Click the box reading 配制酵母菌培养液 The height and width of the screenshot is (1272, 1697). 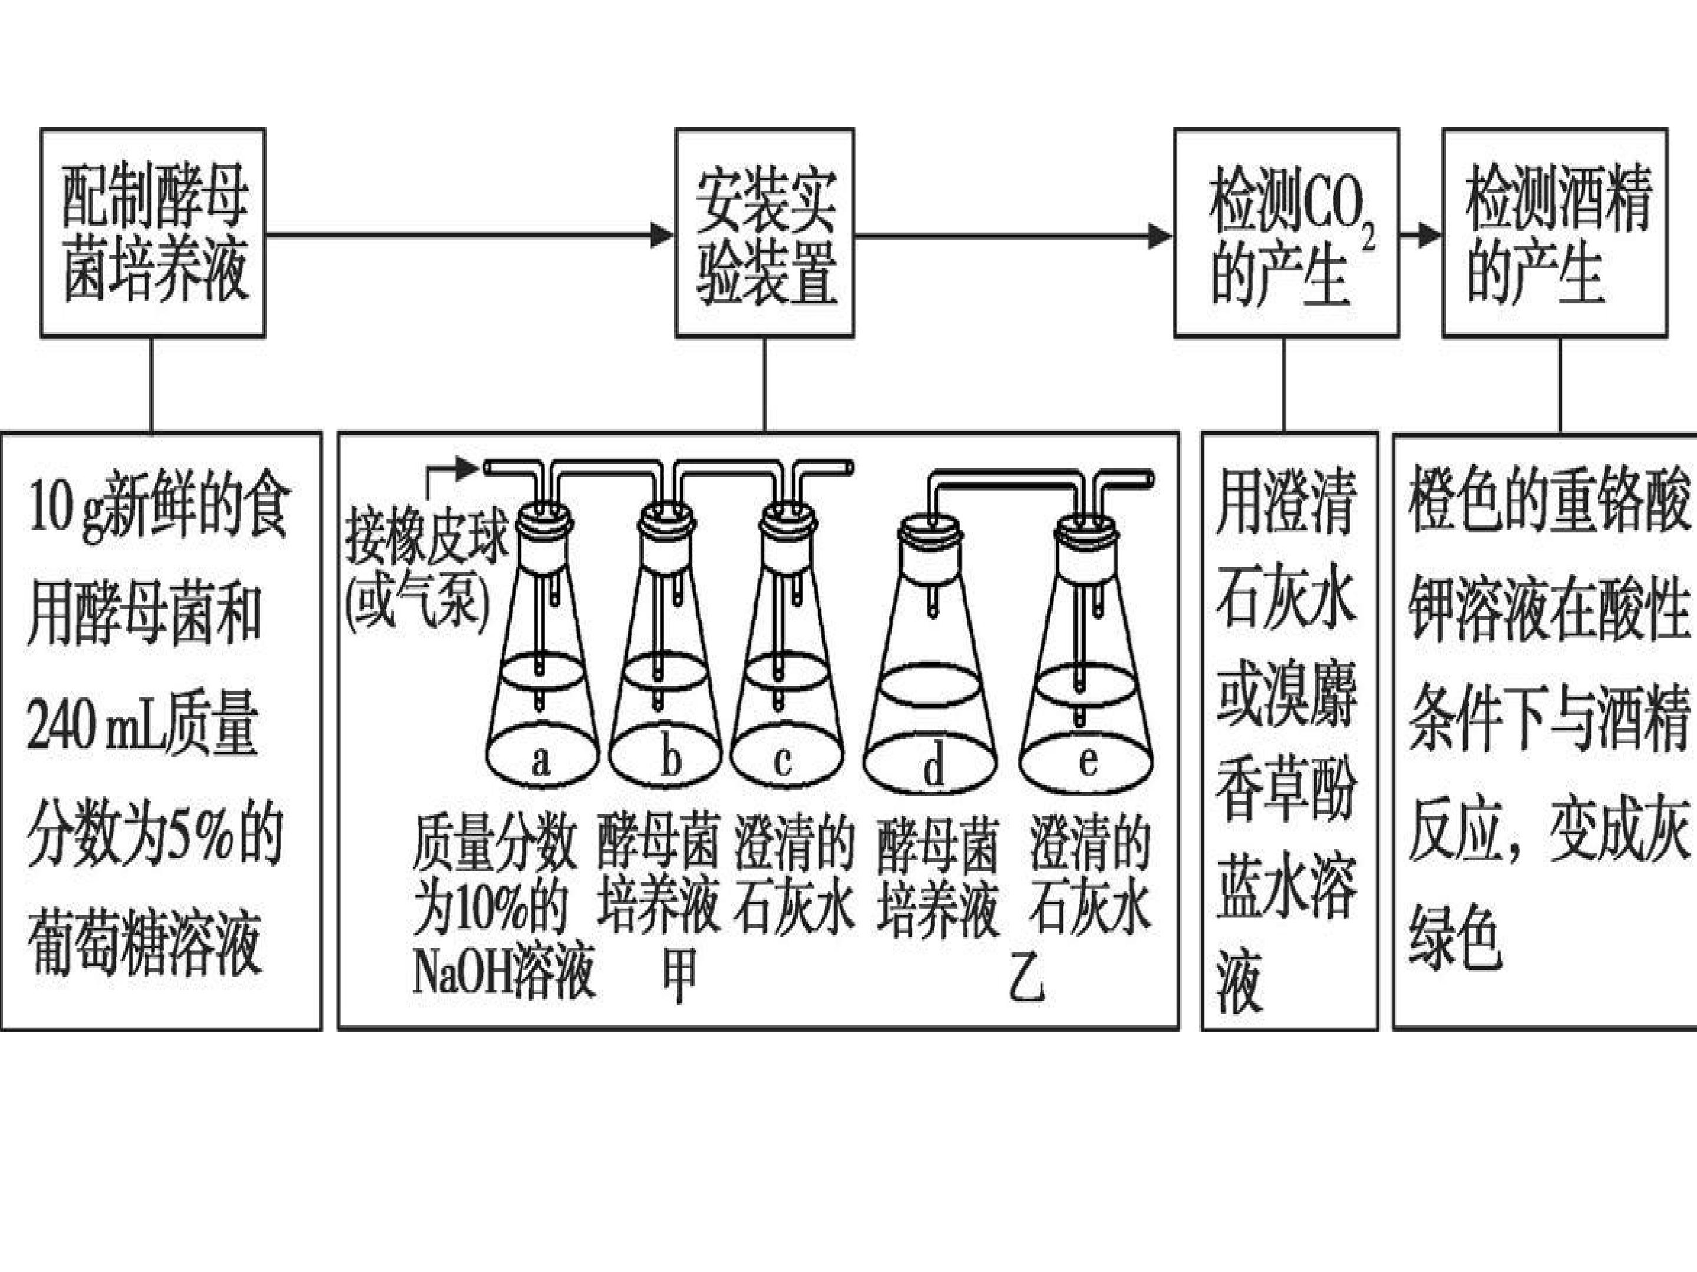[x=153, y=233]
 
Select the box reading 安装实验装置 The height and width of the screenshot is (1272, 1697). [x=764, y=233]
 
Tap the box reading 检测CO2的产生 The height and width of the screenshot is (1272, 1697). [x=1286, y=233]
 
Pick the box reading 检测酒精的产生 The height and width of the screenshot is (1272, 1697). [x=1554, y=233]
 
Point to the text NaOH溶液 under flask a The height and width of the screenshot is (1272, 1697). [x=503, y=972]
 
